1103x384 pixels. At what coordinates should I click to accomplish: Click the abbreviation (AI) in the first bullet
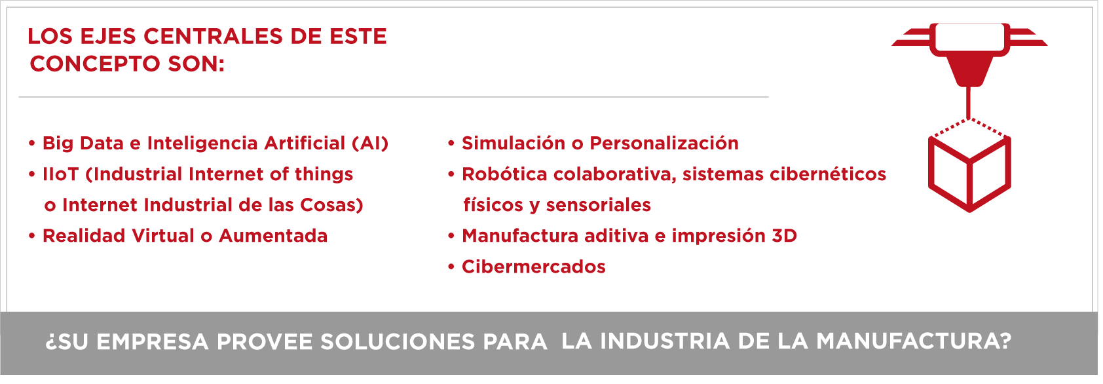(370, 144)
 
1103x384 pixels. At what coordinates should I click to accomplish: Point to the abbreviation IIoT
(60, 174)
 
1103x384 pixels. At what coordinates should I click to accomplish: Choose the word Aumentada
(273, 236)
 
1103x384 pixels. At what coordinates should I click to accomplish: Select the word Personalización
(664, 144)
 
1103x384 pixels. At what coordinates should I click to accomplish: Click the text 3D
(785, 236)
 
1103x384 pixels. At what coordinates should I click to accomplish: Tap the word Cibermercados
(533, 267)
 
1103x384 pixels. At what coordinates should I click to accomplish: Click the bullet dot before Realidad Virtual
(32, 236)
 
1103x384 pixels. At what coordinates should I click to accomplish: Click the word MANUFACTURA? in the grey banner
(914, 341)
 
